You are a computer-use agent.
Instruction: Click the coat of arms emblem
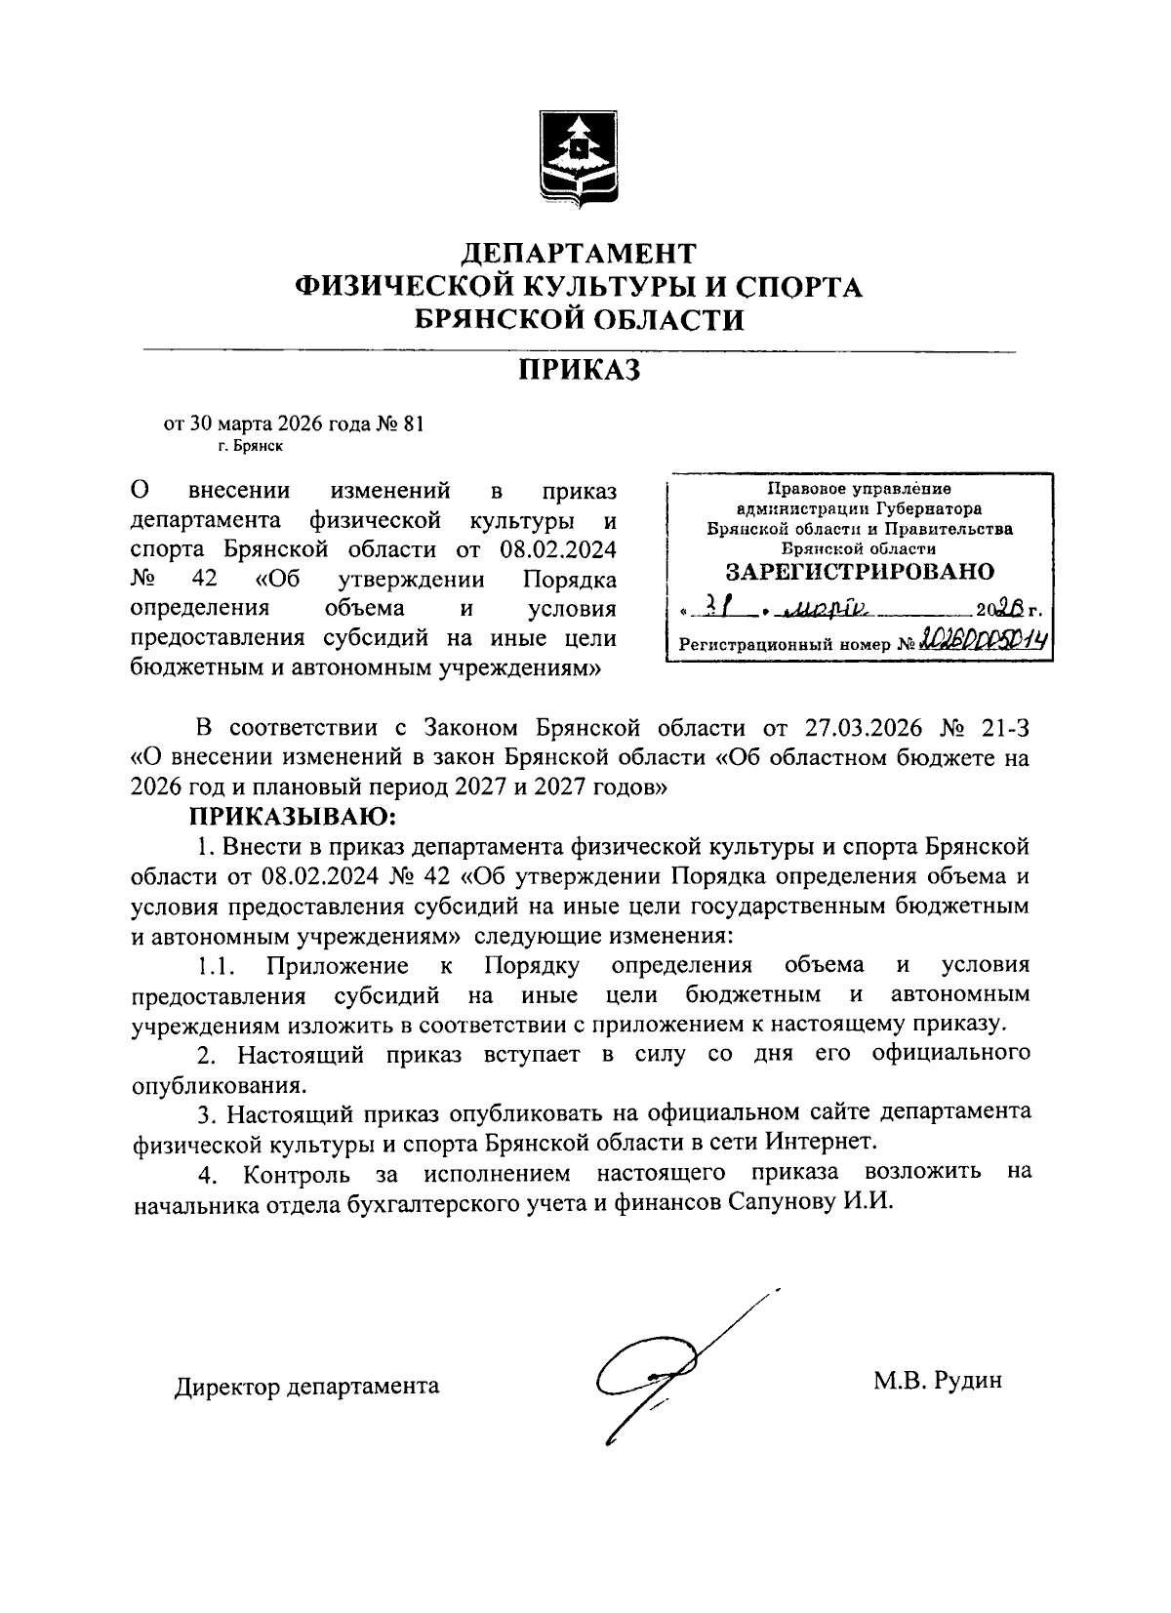tap(580, 160)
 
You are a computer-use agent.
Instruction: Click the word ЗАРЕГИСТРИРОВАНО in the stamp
tap(860, 571)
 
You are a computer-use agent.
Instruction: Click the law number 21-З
tap(999, 727)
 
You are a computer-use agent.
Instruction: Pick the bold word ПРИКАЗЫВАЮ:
tap(294, 815)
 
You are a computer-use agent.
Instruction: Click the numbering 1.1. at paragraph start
tap(217, 966)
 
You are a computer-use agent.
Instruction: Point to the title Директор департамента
tap(306, 1386)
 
